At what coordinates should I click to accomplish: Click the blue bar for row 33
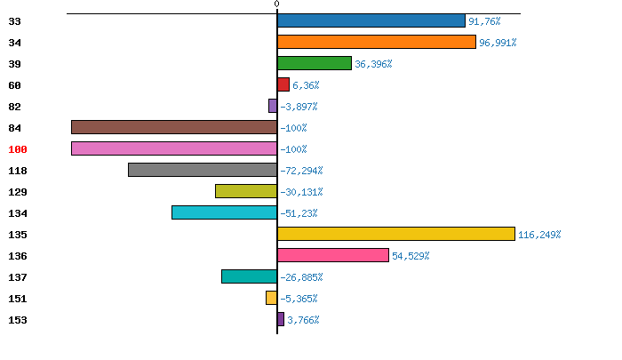pyautogui.click(x=371, y=20)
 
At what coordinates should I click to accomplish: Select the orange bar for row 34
pyautogui.click(x=376, y=42)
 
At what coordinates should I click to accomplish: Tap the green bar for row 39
pyautogui.click(x=314, y=63)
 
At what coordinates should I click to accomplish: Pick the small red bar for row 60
pyautogui.click(x=283, y=84)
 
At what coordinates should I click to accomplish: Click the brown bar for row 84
pyautogui.click(x=174, y=127)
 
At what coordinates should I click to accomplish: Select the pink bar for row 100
pyautogui.click(x=174, y=148)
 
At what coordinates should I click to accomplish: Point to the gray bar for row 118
pyautogui.click(x=203, y=170)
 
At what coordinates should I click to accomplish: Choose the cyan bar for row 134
pyautogui.click(x=224, y=212)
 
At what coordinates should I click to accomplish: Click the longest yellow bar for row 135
pyautogui.click(x=395, y=234)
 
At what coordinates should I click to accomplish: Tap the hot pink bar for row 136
pyautogui.click(x=332, y=255)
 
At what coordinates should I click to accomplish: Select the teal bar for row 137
pyautogui.click(x=249, y=276)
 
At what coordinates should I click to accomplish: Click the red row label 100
pyautogui.click(x=19, y=149)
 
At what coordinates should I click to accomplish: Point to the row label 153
pyautogui.click(x=19, y=320)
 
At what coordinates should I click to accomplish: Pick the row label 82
pyautogui.click(x=15, y=107)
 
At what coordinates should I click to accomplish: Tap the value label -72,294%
pyautogui.click(x=301, y=171)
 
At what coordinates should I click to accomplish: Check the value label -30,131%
pyautogui.click(x=301, y=192)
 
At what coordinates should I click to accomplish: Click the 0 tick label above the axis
pyautogui.click(x=276, y=4)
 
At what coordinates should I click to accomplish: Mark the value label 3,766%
pyautogui.click(x=303, y=320)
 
